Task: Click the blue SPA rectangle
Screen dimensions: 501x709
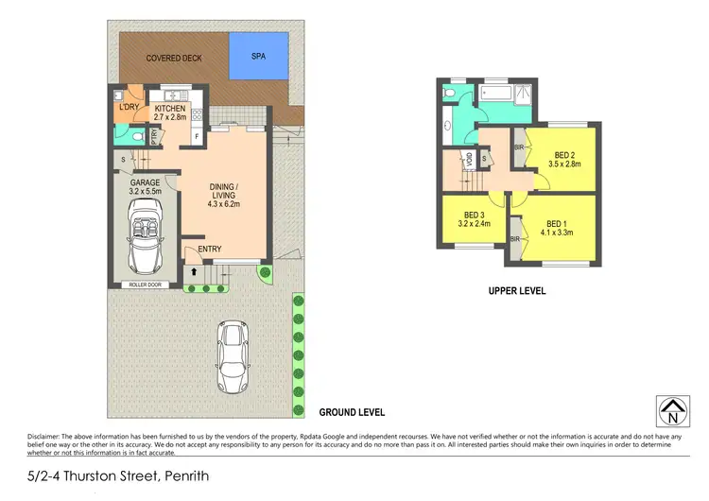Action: click(x=258, y=57)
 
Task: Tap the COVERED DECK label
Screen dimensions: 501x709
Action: click(x=170, y=59)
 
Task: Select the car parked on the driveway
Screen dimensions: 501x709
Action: click(x=233, y=357)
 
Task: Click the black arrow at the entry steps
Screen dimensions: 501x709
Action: click(x=195, y=271)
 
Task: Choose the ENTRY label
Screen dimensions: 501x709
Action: click(x=209, y=250)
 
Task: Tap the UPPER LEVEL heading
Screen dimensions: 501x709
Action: click(x=517, y=291)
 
